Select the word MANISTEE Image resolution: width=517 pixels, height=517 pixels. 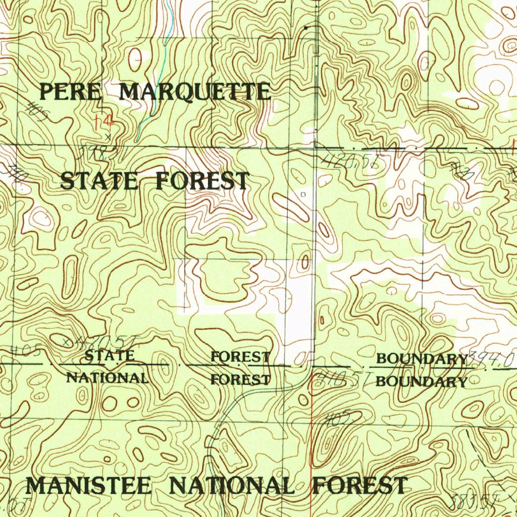click(x=88, y=486)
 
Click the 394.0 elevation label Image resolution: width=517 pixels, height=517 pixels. click(x=492, y=359)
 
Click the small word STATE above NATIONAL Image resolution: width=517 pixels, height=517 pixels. click(x=110, y=356)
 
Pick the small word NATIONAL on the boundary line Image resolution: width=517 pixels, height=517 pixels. click(x=108, y=378)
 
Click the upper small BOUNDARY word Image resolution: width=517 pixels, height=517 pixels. click(x=422, y=359)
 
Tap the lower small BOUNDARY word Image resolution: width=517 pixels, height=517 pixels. click(x=422, y=382)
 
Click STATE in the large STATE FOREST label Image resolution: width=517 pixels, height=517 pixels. click(x=99, y=181)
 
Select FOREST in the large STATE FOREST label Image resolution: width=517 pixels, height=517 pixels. click(x=202, y=181)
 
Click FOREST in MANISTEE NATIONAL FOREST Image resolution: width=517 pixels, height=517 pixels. click(x=359, y=486)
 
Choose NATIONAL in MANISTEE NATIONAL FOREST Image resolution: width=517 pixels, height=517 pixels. click(x=231, y=486)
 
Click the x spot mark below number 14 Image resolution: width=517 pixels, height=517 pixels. click(x=107, y=136)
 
